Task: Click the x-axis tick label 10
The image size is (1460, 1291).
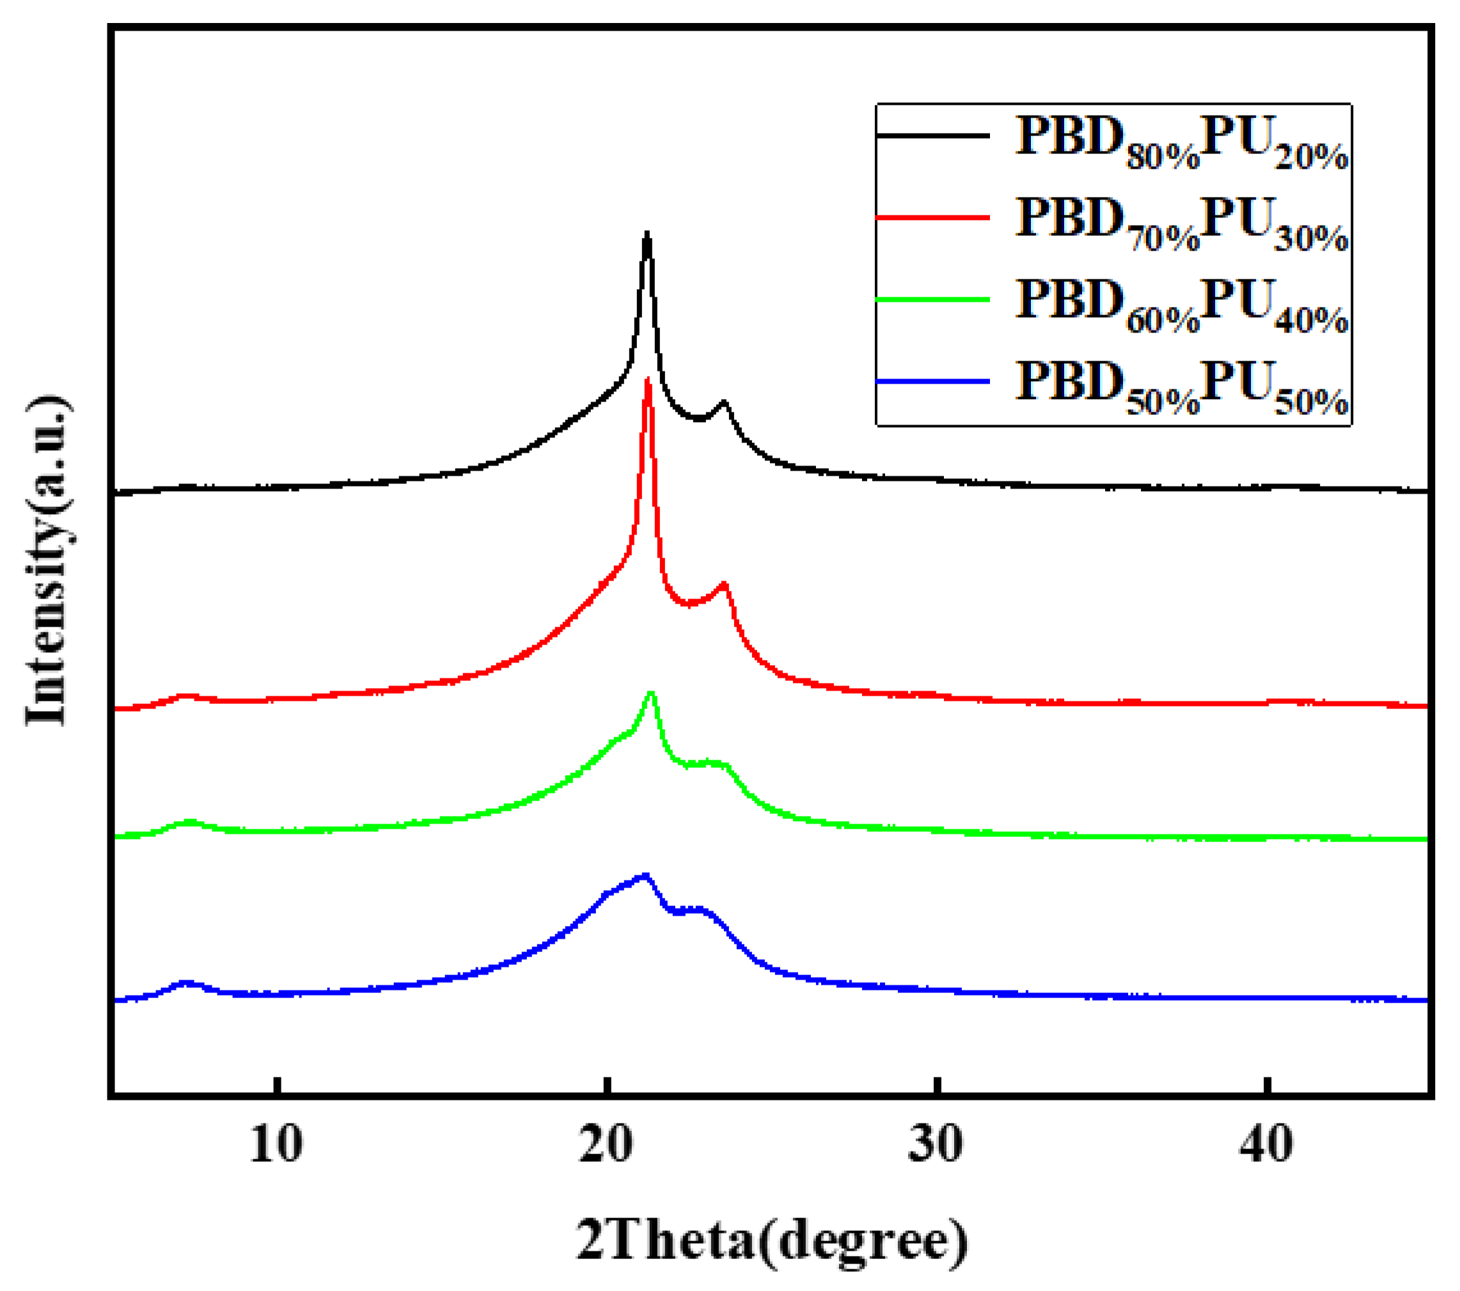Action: [x=276, y=1144]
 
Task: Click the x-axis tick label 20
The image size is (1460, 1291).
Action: [x=606, y=1144]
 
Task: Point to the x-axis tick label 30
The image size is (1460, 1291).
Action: [x=936, y=1144]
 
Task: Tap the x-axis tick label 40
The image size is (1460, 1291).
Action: [x=1266, y=1144]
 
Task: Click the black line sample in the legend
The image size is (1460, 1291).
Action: [x=933, y=135]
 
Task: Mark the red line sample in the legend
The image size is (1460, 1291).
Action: [x=933, y=217]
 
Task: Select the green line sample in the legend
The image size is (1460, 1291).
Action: [x=933, y=299]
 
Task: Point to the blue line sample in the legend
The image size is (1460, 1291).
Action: [x=933, y=381]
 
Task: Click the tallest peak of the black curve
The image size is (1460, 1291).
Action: [x=647, y=234]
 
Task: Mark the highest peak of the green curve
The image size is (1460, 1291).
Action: [x=651, y=692]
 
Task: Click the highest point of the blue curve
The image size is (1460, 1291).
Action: [x=645, y=875]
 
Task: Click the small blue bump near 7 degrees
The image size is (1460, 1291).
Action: [x=187, y=983]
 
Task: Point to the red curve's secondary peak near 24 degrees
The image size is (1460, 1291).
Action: [x=725, y=584]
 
